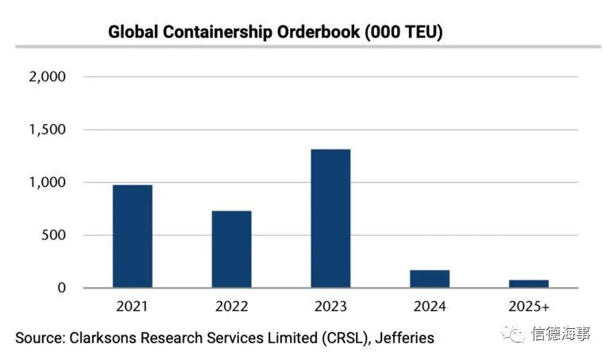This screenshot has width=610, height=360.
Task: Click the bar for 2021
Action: click(132, 236)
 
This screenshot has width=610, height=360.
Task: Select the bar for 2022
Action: click(231, 249)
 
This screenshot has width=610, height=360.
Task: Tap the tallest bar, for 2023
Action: click(330, 218)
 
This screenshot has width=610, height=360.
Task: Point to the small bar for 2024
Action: click(430, 279)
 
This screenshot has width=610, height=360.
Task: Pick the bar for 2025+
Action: click(529, 284)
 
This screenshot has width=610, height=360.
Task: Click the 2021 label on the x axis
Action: click(132, 306)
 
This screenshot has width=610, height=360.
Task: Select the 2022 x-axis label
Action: click(231, 306)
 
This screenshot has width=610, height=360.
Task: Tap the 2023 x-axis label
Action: click(330, 306)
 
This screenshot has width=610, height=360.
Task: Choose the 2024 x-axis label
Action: click(430, 306)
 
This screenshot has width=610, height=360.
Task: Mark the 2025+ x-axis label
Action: click(529, 306)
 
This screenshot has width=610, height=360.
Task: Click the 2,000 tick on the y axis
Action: click(45, 77)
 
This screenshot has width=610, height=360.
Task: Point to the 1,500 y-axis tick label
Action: click(45, 130)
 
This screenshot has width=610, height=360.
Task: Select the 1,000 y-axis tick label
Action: click(45, 183)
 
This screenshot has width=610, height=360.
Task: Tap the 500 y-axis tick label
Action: click(52, 235)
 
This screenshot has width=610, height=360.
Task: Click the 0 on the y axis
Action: click(60, 288)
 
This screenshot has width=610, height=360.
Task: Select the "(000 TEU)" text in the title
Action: click(407, 33)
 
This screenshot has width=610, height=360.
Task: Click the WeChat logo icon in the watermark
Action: click(517, 335)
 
